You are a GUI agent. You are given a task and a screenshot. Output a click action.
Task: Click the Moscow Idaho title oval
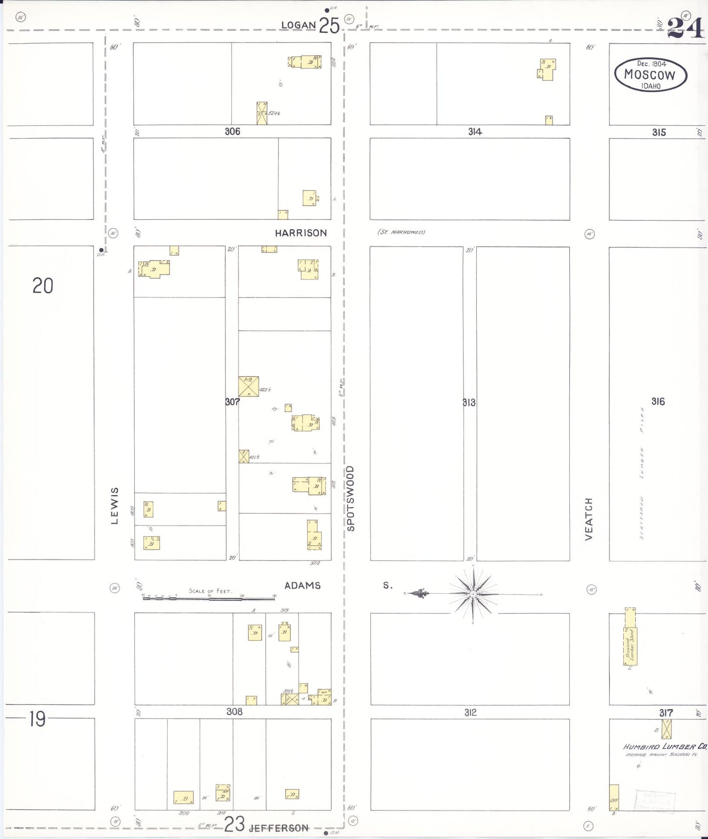click(650, 75)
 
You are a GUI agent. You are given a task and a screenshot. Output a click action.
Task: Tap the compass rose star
click(473, 594)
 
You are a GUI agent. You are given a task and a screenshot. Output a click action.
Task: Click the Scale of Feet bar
click(208, 598)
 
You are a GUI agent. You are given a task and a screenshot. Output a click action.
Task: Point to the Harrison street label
click(300, 233)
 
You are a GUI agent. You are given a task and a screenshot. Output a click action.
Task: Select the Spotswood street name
click(350, 498)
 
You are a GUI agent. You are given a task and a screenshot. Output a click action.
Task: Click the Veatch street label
click(589, 519)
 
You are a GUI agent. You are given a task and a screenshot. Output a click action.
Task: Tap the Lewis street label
click(115, 506)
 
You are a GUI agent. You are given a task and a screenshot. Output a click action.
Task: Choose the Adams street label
click(302, 585)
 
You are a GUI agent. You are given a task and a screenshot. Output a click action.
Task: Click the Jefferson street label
click(279, 828)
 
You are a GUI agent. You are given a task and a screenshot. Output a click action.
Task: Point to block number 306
click(232, 131)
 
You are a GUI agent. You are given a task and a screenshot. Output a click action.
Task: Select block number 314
click(475, 132)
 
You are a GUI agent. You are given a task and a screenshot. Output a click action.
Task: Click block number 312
click(470, 712)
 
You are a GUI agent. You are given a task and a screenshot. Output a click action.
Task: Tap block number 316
click(658, 401)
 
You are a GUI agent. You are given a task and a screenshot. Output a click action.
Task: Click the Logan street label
click(298, 25)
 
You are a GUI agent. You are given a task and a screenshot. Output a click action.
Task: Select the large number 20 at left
click(43, 286)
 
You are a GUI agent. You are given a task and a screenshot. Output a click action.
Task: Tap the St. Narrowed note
click(401, 232)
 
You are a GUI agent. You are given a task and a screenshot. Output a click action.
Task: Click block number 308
click(234, 711)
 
